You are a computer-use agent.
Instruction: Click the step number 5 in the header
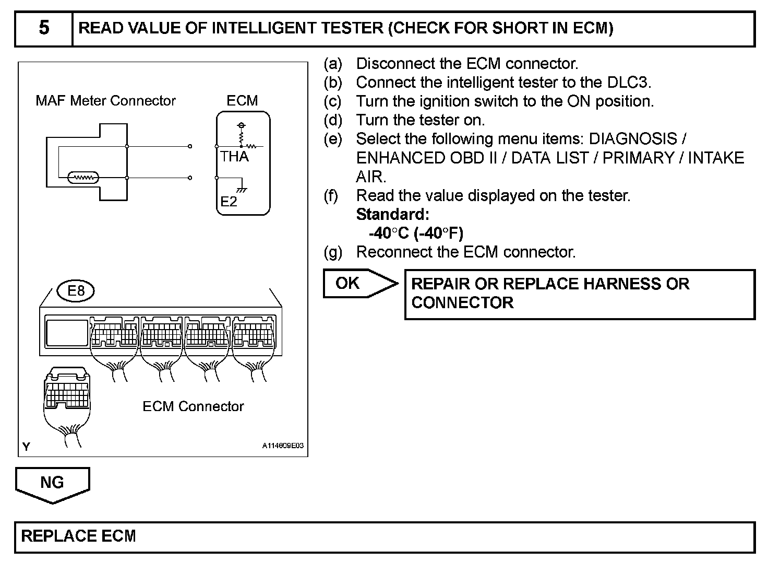44,28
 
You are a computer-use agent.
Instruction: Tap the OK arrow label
348,283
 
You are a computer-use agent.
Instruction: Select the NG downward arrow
52,483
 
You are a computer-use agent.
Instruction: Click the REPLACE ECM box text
78,536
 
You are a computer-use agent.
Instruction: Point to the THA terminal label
234,156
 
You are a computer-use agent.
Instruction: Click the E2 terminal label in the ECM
229,202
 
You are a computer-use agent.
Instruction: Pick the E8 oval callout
76,290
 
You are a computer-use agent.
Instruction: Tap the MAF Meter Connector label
105,100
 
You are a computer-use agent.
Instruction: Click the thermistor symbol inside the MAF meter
83,178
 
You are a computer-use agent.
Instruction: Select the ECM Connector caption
193,406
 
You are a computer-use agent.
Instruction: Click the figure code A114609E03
282,446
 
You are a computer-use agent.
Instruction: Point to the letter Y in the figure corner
27,447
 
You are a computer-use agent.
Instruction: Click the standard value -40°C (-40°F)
416,233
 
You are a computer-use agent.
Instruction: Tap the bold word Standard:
392,214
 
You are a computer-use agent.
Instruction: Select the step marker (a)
333,64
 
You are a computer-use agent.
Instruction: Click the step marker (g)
333,252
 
